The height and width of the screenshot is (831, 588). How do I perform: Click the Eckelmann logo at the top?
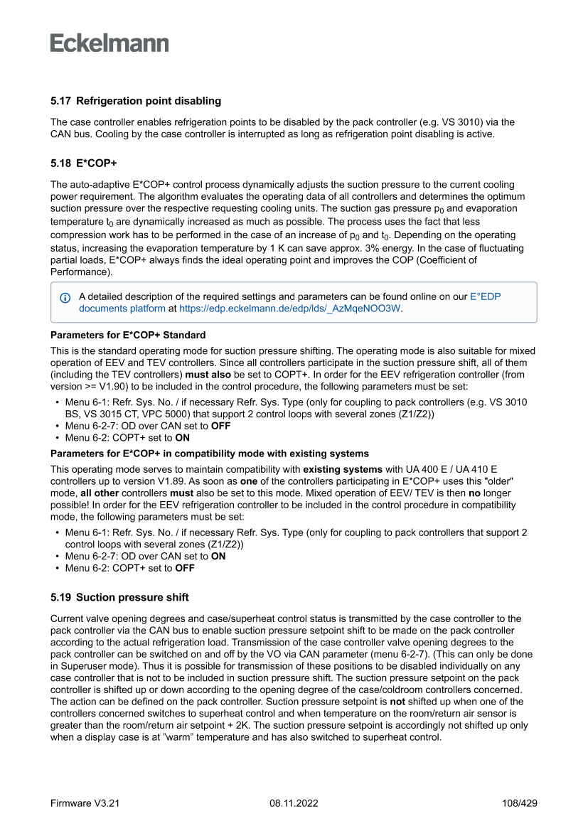[109, 43]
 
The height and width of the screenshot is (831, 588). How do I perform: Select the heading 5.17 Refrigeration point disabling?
[136, 101]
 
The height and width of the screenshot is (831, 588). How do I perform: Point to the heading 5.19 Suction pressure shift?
[119, 597]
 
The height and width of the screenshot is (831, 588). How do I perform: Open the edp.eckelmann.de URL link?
[290, 309]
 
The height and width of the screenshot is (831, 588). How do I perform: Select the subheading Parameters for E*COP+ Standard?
[127, 335]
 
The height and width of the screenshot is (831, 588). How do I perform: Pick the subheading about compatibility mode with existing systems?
[210, 454]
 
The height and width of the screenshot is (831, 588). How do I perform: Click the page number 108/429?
[519, 803]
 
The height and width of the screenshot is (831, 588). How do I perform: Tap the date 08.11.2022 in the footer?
[294, 803]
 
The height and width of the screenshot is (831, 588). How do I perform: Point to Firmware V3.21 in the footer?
[85, 803]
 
